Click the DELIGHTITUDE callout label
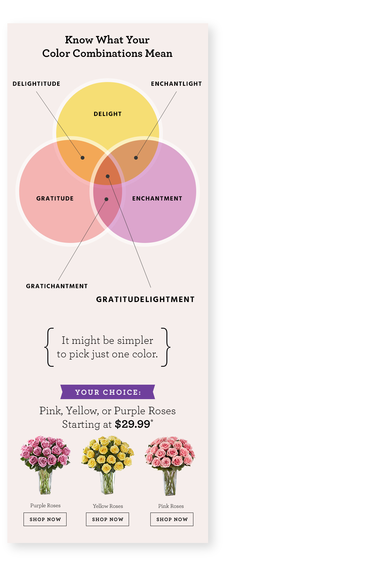36,84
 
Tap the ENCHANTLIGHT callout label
176,84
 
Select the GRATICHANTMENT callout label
57,286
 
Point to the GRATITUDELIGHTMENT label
145,299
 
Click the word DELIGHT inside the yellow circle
108,114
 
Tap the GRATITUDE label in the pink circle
55,199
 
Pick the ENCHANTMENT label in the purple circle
157,199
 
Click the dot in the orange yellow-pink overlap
83,158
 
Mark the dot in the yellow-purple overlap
136,158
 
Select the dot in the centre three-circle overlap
108,176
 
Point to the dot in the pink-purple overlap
106,199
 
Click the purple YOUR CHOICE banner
108,392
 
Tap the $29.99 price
132,424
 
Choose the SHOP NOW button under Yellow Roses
107,519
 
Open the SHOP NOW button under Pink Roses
172,519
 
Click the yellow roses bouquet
108,464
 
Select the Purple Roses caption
45,506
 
